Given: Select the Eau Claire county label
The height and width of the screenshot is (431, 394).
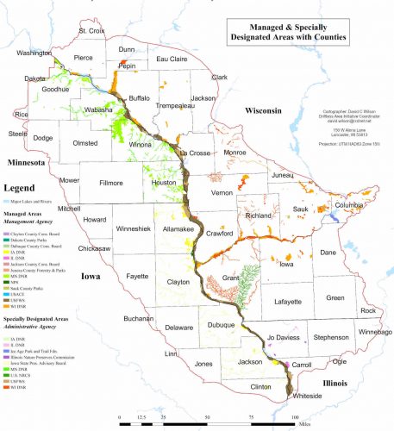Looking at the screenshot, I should [x=172, y=59].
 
